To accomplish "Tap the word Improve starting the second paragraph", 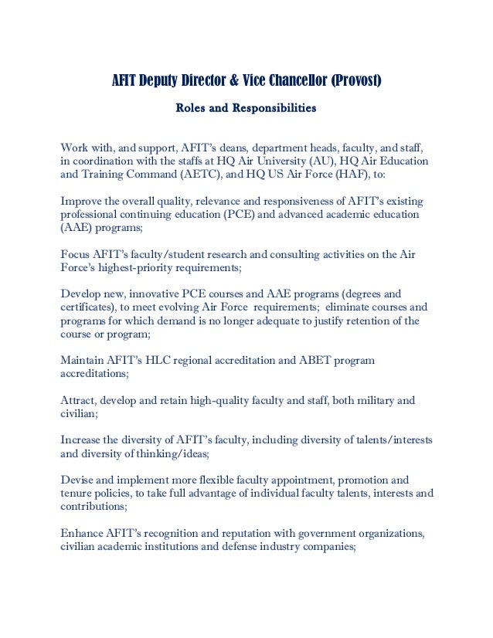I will pyautogui.click(x=82, y=201).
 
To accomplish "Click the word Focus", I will pyautogui.click(x=76, y=254).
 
